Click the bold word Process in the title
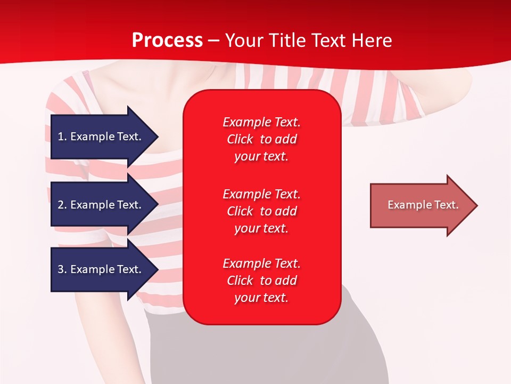point(167,41)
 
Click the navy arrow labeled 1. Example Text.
point(101,137)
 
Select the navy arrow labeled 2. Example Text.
point(101,205)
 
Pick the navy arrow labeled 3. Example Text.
point(101,269)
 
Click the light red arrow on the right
point(421,205)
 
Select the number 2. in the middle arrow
point(62,205)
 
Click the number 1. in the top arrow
point(62,137)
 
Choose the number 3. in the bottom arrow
point(62,269)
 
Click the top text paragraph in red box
point(261,139)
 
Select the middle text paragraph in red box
point(261,211)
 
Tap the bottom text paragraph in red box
point(261,281)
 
